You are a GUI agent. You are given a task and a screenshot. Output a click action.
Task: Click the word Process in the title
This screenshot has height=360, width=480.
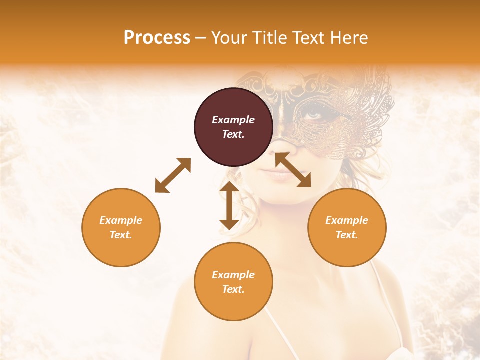157,38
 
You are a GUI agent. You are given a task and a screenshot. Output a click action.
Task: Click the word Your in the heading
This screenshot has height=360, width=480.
228,38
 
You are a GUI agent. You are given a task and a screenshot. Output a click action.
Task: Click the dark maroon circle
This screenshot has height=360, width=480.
233,127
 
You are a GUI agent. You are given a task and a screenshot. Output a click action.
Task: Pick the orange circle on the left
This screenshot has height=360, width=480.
121,227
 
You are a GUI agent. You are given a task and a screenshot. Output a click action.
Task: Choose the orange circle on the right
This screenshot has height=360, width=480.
347,227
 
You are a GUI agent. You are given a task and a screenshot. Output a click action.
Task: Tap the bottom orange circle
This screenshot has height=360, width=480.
233,282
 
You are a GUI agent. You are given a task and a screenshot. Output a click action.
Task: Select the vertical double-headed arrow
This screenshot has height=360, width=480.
229,205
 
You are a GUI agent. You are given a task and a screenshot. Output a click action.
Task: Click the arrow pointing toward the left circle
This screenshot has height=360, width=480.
173,175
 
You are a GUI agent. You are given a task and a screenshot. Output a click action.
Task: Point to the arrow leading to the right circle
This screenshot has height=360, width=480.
293,170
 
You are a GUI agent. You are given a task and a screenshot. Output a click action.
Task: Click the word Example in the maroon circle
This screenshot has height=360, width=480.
233,120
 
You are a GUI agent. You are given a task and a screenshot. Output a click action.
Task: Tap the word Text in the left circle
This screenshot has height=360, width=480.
121,235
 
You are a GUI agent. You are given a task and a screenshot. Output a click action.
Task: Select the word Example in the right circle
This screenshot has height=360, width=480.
347,220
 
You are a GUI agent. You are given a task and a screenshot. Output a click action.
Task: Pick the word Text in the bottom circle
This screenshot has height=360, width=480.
233,289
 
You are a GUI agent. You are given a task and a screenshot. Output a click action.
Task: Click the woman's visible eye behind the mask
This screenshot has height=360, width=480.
314,114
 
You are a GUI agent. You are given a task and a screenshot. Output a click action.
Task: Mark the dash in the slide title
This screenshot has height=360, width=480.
200,38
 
